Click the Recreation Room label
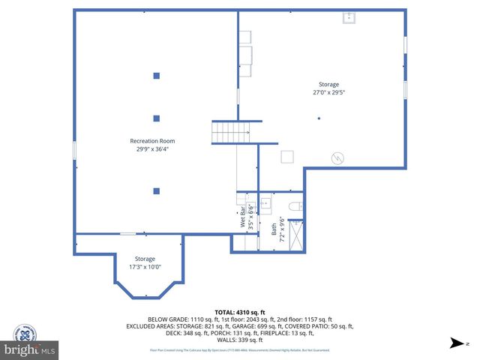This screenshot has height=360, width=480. pyautogui.click(x=152, y=140)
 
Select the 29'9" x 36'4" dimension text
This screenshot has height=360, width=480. pyautogui.click(x=152, y=148)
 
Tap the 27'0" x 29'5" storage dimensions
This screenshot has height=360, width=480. pyautogui.click(x=328, y=92)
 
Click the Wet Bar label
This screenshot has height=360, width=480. pyautogui.click(x=244, y=218)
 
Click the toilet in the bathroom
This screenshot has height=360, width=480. pyautogui.click(x=295, y=206)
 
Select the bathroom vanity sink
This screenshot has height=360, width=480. pyautogui.click(x=265, y=204)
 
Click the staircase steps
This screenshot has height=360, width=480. pyautogui.click(x=230, y=133)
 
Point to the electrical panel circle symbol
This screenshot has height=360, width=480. pyautogui.click(x=338, y=158)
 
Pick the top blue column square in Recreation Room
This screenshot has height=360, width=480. pyautogui.click(x=157, y=75)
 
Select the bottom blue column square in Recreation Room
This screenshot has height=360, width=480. pyautogui.click(x=157, y=191)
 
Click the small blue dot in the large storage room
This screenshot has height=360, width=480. pyautogui.click(x=319, y=118)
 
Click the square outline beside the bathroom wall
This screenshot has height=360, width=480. pyautogui.click(x=287, y=156)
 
